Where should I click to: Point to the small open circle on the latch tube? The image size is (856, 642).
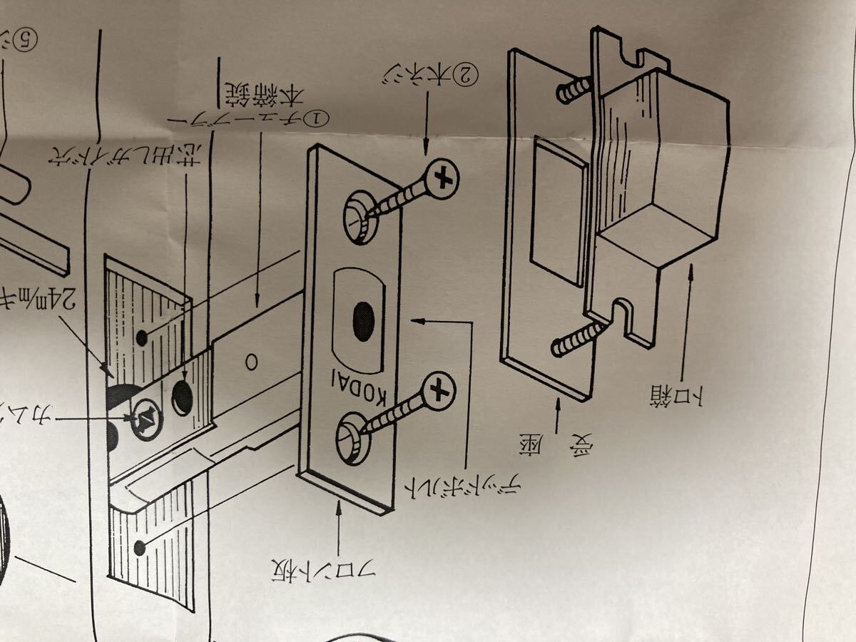[x=251, y=360]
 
